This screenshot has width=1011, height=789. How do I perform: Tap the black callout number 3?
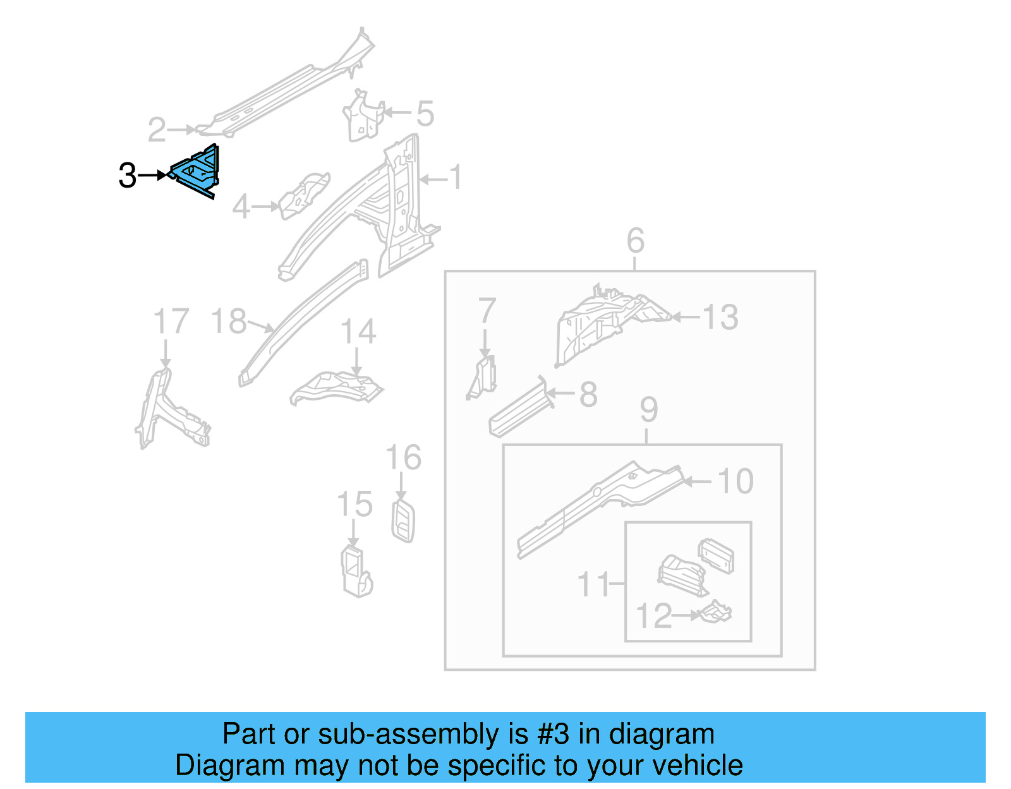pyautogui.click(x=128, y=176)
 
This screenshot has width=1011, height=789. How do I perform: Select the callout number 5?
pyautogui.click(x=425, y=114)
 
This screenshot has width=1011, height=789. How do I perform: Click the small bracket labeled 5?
pyautogui.click(x=363, y=117)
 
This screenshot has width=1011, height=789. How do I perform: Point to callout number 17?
pyautogui.click(x=171, y=322)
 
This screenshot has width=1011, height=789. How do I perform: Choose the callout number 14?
pyautogui.click(x=358, y=332)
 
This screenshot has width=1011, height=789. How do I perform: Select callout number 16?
pyautogui.click(x=403, y=457)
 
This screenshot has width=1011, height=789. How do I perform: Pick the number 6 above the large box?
pyautogui.click(x=636, y=241)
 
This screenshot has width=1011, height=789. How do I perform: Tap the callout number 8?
pyautogui.click(x=588, y=395)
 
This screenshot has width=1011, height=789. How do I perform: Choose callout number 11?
pyautogui.click(x=593, y=584)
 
